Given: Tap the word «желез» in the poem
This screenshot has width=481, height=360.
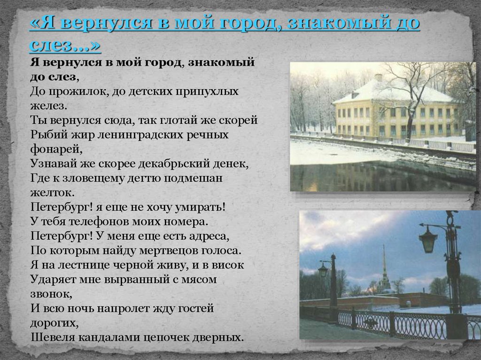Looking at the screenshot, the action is point(47,106).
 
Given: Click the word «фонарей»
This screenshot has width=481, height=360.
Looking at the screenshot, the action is point(55,150).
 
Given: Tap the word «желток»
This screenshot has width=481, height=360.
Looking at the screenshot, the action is point(51,193).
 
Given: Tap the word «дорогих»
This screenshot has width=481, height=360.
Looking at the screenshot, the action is point(53,323).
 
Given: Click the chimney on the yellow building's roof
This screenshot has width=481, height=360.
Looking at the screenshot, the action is point(379,77).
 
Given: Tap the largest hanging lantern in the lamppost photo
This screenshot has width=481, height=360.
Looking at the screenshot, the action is point(428,239).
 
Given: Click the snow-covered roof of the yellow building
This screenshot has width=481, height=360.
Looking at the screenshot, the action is point(393,91).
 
